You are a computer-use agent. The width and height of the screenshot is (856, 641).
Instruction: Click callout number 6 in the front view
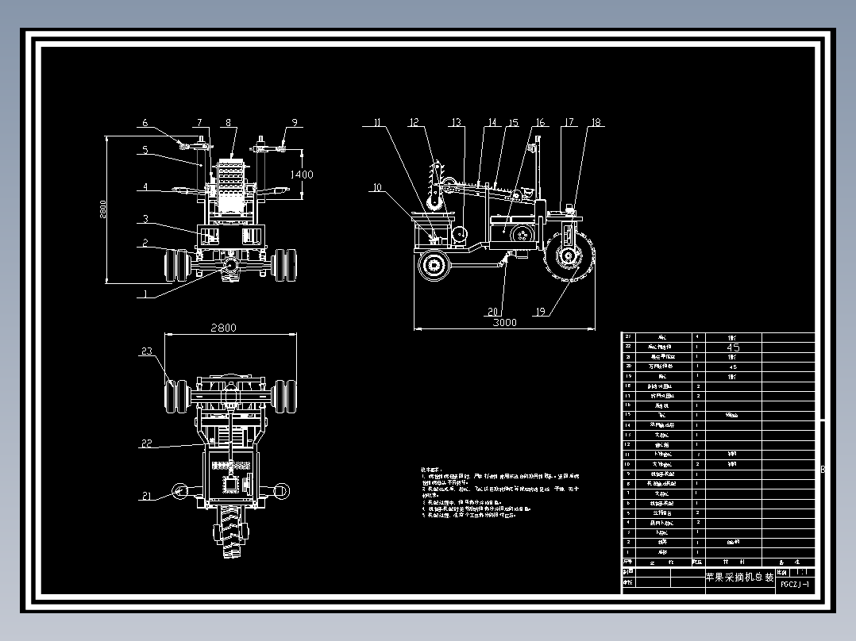[145, 123]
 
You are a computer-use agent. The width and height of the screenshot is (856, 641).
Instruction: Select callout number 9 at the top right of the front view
[294, 123]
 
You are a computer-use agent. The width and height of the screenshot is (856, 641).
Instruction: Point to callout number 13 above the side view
[456, 123]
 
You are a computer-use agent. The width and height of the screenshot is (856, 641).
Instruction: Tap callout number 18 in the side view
[596, 123]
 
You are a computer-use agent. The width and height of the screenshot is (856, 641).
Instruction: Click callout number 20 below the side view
[493, 312]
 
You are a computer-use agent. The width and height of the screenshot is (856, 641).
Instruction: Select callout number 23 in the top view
[146, 351]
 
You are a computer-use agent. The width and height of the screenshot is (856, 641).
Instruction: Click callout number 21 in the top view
[146, 496]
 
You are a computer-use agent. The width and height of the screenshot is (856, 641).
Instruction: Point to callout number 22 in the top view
[146, 443]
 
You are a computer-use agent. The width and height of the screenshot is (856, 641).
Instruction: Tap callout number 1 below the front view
[145, 294]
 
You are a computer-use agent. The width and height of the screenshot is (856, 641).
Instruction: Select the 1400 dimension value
[301, 175]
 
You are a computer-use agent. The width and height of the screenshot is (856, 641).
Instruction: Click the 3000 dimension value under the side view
[504, 323]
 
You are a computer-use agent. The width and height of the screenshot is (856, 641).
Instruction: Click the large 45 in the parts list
[734, 347]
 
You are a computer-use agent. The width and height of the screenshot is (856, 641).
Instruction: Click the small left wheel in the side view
[434, 264]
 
